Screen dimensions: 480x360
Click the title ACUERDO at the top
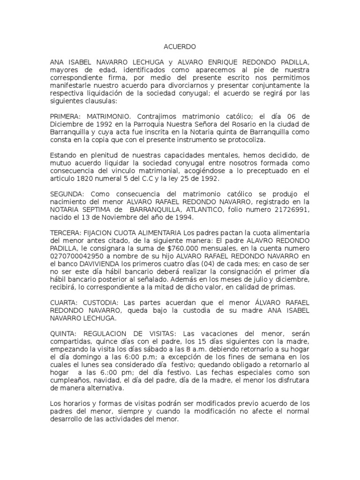180,47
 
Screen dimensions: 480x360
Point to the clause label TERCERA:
65,233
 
